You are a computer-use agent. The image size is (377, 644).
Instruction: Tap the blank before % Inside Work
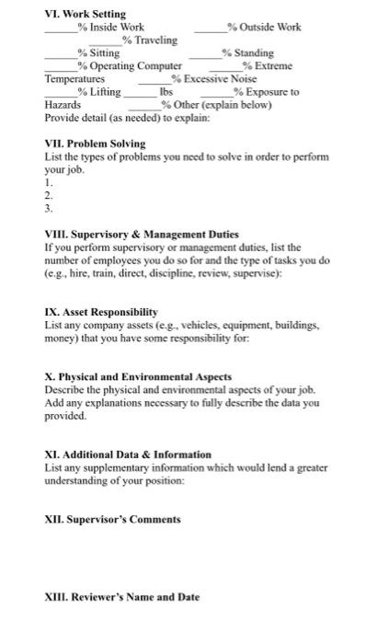(62, 30)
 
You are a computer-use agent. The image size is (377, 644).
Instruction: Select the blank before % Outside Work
(212, 30)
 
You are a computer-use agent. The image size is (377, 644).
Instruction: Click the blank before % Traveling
(114, 43)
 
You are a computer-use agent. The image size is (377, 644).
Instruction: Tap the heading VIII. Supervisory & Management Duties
(142, 236)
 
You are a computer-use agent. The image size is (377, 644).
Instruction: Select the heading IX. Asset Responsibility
(101, 313)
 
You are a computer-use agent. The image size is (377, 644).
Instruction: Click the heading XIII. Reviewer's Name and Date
(121, 597)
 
